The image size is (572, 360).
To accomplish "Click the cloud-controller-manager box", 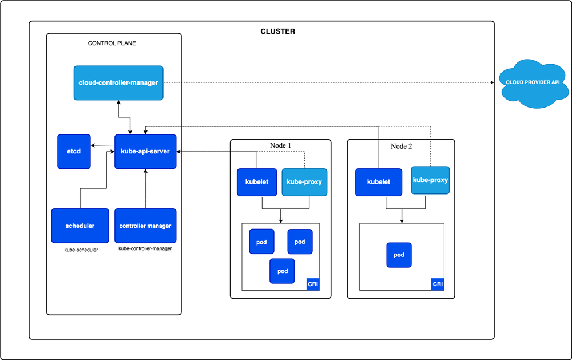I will click(x=118, y=83).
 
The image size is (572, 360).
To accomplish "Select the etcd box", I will click(x=74, y=152).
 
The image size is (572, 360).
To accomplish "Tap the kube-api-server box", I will click(x=145, y=152).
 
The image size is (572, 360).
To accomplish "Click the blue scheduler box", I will click(x=80, y=226).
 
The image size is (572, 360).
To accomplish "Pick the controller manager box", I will click(x=145, y=226).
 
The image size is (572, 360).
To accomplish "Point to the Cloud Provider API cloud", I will click(x=533, y=82).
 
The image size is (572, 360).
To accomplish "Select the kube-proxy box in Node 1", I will click(x=304, y=182).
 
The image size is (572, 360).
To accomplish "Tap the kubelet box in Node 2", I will click(x=378, y=182).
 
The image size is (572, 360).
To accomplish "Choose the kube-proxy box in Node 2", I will click(x=430, y=180).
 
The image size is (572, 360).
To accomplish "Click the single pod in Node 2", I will click(x=399, y=255).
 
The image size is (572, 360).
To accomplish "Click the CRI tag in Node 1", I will click(x=313, y=284).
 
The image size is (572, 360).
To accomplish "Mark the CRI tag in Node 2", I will click(x=438, y=284).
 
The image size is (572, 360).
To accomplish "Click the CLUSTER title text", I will click(x=278, y=31).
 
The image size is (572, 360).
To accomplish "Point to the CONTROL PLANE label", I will click(x=112, y=43).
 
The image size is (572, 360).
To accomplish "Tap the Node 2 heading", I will click(x=401, y=146).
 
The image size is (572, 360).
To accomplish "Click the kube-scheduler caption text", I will click(x=81, y=250).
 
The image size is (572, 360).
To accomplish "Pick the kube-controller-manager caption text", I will click(x=145, y=249).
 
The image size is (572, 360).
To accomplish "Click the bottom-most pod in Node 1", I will click(x=282, y=271).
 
